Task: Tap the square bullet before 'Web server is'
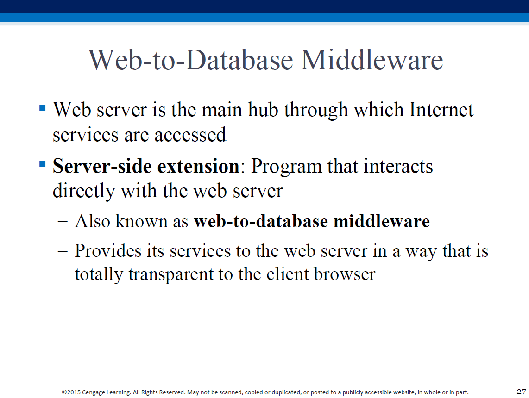[x=43, y=108]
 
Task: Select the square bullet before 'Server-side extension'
[x=43, y=164]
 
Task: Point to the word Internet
[x=441, y=110]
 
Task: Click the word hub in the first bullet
[x=263, y=110]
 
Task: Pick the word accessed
[x=190, y=135]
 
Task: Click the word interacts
[x=398, y=166]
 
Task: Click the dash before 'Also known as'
[x=63, y=222]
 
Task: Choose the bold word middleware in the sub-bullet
[x=382, y=221]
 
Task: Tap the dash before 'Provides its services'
[x=63, y=251]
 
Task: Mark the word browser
[x=345, y=274]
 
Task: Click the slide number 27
[x=521, y=392]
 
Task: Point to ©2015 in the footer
[x=71, y=392]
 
